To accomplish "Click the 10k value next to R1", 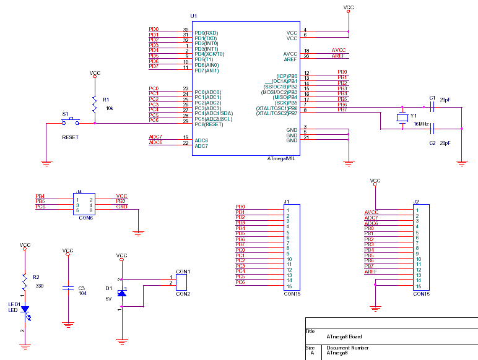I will click(110, 108).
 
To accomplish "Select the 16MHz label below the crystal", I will click(422, 124).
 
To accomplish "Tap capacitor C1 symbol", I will click(433, 106).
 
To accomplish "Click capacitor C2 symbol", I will click(433, 129).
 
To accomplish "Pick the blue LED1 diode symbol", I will click(25, 309).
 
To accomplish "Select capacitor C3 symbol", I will click(67, 288).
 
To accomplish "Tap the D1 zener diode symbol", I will click(122, 292).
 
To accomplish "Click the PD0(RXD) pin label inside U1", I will click(206, 33).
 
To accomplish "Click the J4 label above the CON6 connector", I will click(79, 192).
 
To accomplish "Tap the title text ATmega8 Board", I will click(344, 336).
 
